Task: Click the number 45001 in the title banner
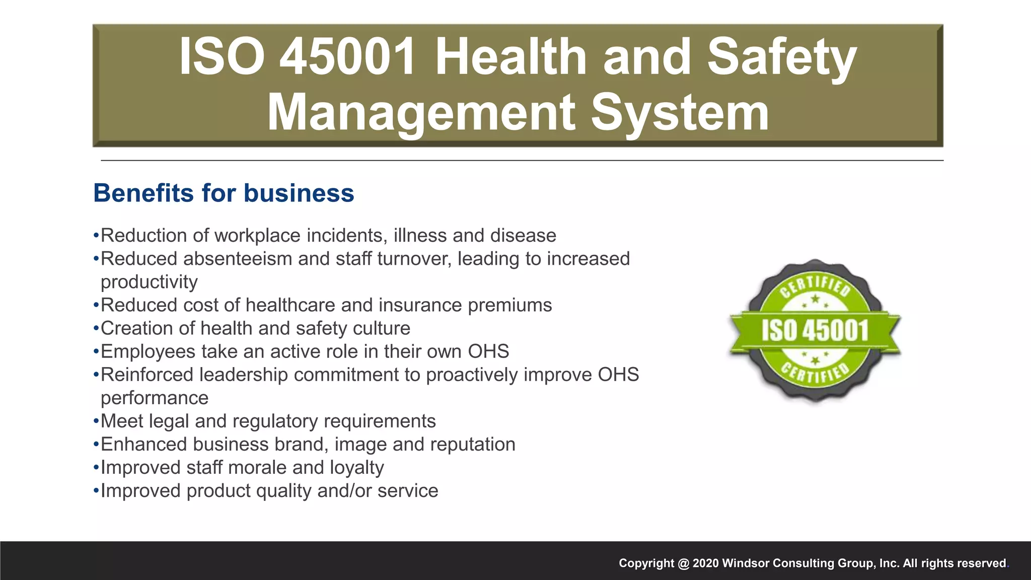(x=347, y=56)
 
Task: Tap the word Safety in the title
(x=781, y=56)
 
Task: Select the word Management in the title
(x=421, y=113)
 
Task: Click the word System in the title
(x=680, y=113)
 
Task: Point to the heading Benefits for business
(x=224, y=193)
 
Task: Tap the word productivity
(x=149, y=282)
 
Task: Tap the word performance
(x=155, y=398)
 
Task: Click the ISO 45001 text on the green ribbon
(x=815, y=331)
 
